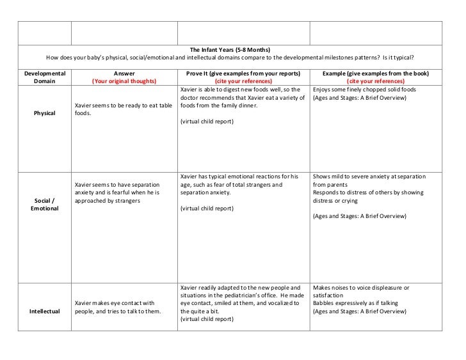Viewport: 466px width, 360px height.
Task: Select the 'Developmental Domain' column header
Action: click(x=44, y=77)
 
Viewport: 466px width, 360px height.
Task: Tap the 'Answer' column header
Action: click(x=124, y=74)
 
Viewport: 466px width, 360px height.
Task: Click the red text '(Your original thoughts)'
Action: click(x=124, y=81)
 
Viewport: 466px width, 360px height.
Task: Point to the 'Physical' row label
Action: click(x=44, y=113)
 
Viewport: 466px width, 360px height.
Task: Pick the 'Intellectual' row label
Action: click(x=44, y=311)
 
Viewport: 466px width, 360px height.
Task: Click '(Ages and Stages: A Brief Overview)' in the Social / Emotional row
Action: click(x=359, y=216)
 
